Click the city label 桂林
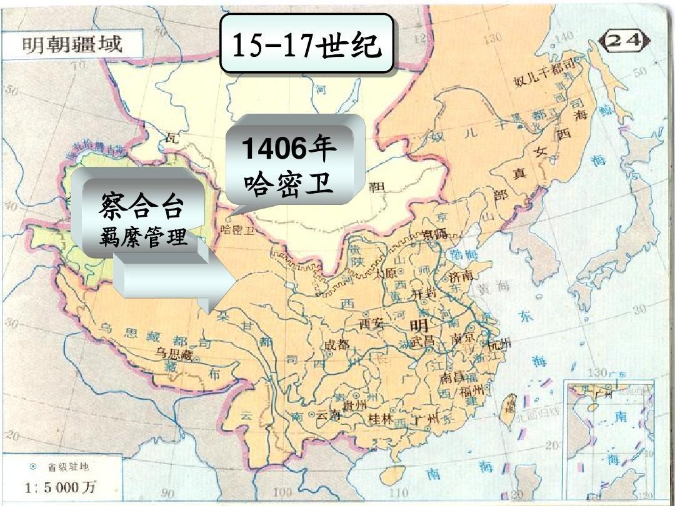click(381, 419)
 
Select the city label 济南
click(463, 275)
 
